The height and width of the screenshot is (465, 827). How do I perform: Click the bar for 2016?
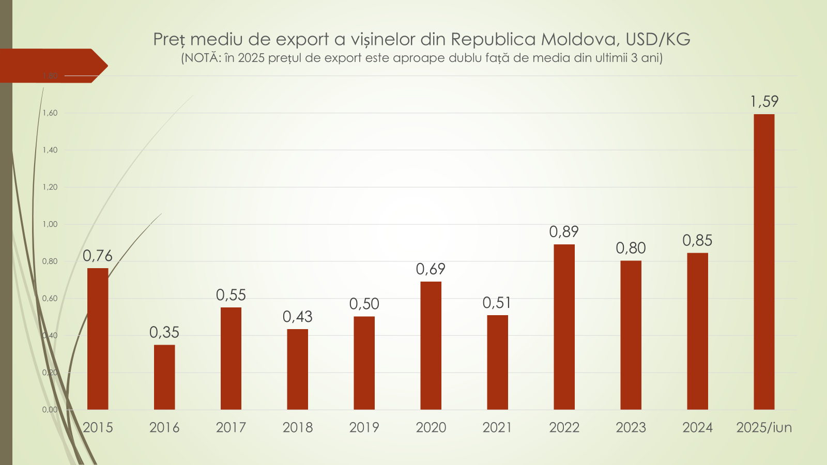click(x=164, y=377)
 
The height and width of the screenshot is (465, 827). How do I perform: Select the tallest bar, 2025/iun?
click(x=764, y=262)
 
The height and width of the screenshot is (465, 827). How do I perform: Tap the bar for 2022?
click(x=564, y=327)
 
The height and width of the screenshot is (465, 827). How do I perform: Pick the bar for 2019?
click(x=364, y=363)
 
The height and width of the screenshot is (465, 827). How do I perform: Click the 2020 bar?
click(x=431, y=346)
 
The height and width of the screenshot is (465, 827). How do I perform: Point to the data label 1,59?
click(x=764, y=101)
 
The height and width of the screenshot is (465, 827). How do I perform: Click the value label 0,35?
click(x=164, y=332)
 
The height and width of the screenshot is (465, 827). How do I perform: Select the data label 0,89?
click(x=564, y=231)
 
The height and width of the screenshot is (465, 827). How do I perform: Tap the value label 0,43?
click(x=298, y=317)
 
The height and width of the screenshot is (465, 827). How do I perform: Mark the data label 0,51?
click(x=497, y=303)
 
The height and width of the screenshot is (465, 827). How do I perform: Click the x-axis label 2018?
click(x=298, y=427)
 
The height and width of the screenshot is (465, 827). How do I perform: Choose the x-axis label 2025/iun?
click(x=764, y=427)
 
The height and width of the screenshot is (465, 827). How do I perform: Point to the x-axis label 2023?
click(x=631, y=427)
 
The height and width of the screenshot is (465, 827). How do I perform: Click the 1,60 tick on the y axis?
click(x=50, y=113)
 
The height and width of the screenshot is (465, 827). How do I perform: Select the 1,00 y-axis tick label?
click(x=50, y=224)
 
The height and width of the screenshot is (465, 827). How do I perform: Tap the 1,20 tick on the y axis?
click(x=50, y=187)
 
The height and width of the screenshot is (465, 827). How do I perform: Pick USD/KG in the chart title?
click(x=658, y=39)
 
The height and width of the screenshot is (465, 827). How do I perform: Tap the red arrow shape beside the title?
click(x=52, y=66)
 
